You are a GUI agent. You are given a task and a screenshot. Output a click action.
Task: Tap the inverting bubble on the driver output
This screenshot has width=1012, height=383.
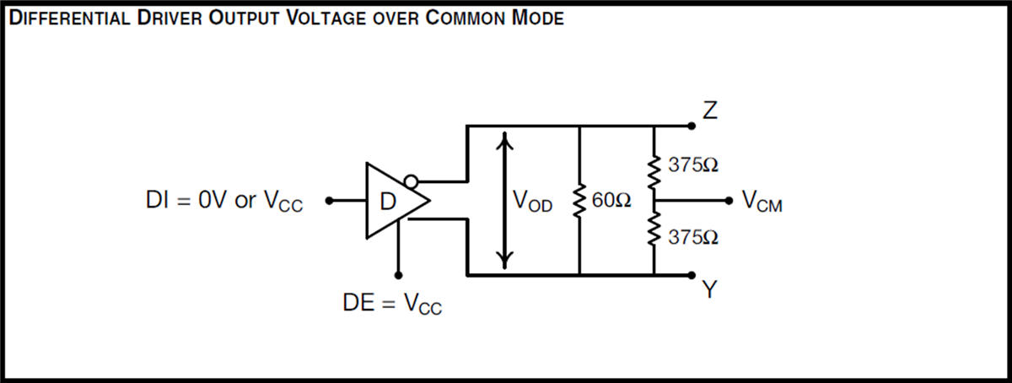[x=411, y=181]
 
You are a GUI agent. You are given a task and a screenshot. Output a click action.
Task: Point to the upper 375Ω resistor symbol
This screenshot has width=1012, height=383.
[x=654, y=165]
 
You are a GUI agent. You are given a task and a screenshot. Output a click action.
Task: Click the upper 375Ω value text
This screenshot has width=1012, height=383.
[x=693, y=165]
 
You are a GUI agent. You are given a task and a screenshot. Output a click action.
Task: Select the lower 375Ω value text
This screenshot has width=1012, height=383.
[x=693, y=238]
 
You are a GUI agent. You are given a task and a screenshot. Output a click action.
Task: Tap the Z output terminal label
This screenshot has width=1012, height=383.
[x=709, y=111]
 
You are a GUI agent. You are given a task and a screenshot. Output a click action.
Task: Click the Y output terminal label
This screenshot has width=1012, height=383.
[x=709, y=290]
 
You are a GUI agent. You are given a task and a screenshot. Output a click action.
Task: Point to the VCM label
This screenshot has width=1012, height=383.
[x=762, y=202]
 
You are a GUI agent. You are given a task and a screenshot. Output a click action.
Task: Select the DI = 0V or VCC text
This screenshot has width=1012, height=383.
[x=224, y=202]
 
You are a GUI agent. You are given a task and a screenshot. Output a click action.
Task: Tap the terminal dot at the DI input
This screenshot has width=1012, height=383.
[x=331, y=201]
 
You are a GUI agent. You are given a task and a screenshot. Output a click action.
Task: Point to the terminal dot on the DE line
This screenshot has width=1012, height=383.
[x=397, y=275]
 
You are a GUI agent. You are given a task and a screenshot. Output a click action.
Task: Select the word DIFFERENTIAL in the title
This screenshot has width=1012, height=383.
[x=68, y=19]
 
